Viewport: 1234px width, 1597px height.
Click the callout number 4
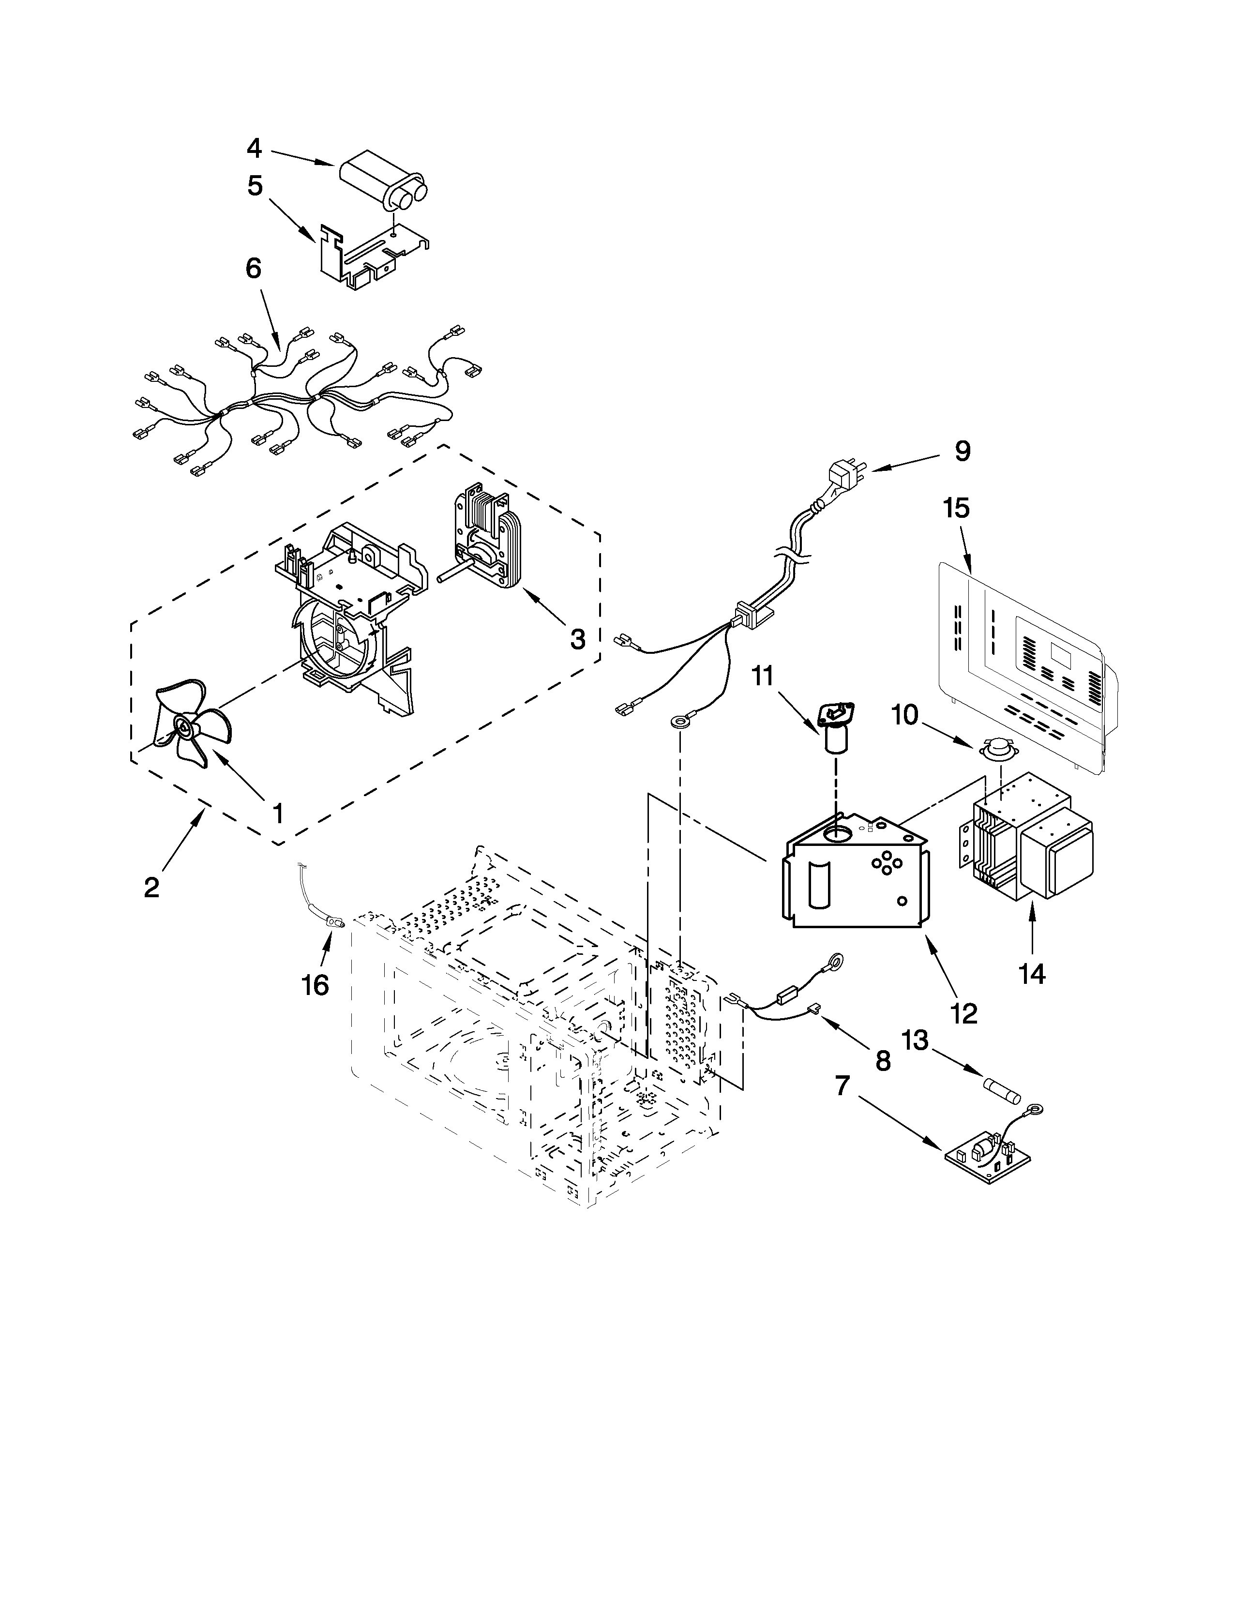click(254, 149)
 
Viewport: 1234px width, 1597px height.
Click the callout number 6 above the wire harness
click(253, 269)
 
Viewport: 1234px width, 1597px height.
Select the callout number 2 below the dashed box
click(151, 888)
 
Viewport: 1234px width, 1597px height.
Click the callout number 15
click(956, 508)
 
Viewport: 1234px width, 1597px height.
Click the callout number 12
click(964, 1013)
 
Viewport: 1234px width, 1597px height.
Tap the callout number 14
click(1032, 973)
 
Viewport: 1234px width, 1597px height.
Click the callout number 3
click(577, 640)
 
